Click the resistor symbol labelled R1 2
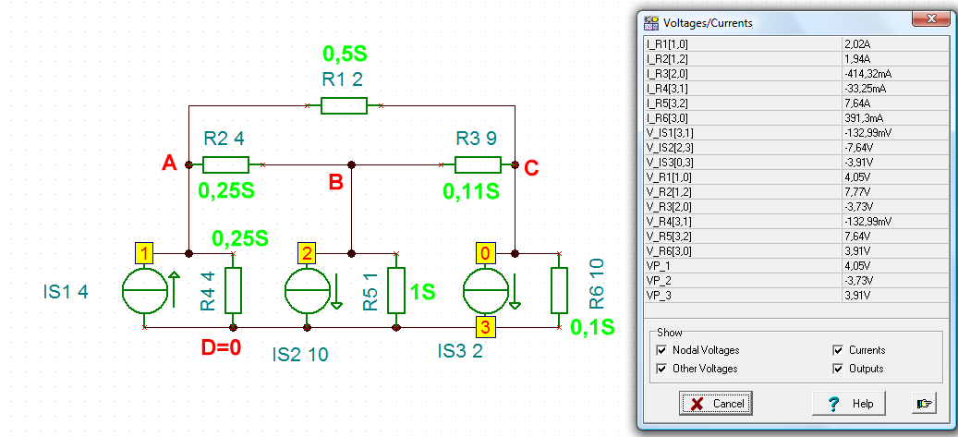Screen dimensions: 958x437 point(344,105)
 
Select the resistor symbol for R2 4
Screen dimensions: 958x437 point(225,165)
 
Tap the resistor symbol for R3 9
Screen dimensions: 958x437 point(478,165)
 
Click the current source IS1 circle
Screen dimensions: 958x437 point(145,291)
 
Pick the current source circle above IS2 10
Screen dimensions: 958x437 point(308,291)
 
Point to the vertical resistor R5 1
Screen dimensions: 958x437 point(396,290)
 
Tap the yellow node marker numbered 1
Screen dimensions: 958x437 point(144,252)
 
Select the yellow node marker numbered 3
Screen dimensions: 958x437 point(485,327)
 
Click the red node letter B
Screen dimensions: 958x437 point(335,182)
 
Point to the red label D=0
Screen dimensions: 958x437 point(221,347)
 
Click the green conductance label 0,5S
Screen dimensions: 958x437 point(345,55)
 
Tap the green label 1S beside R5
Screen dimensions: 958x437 point(421,291)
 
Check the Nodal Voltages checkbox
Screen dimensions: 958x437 point(661,350)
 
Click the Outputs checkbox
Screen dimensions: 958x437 point(838,369)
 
